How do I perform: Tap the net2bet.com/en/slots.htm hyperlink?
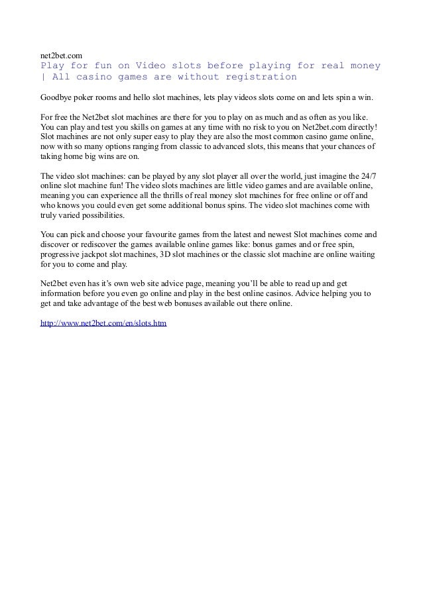[x=103, y=324]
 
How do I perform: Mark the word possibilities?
[x=97, y=215]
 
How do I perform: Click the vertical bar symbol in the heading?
[x=42, y=77]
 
